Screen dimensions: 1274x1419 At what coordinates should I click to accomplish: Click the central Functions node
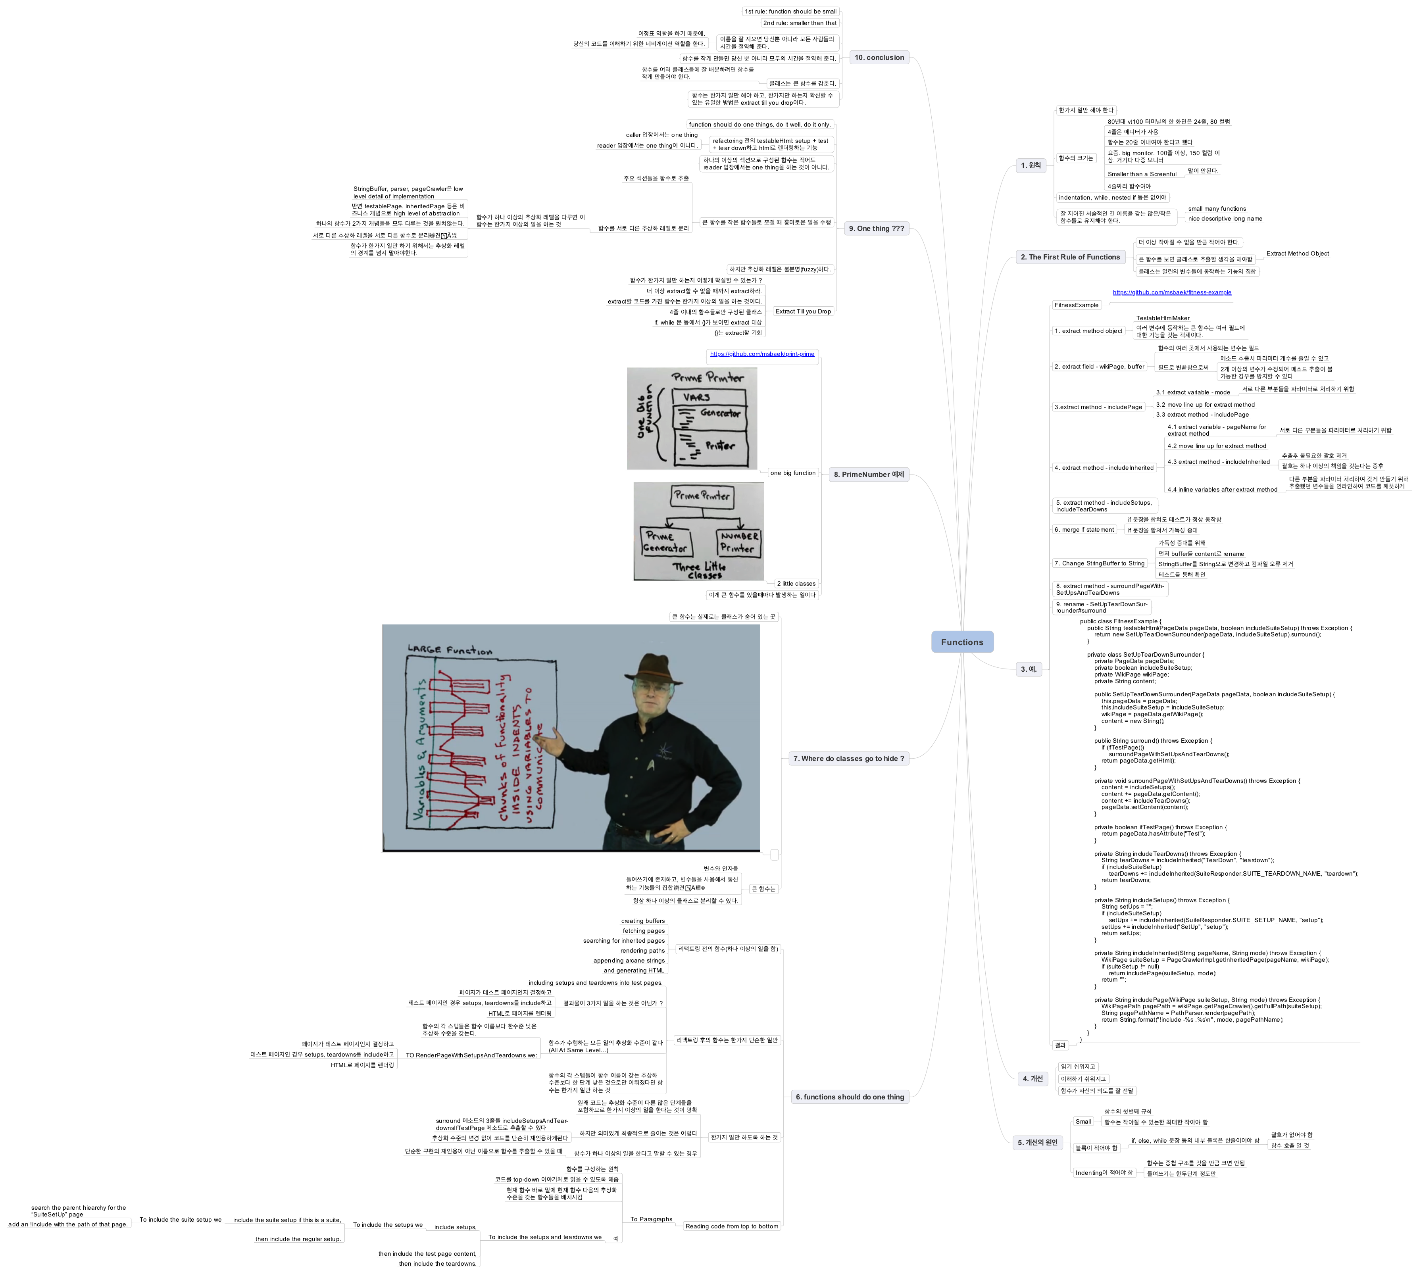pyautogui.click(x=962, y=642)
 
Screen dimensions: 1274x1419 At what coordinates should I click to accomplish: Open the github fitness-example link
pyautogui.click(x=1172, y=292)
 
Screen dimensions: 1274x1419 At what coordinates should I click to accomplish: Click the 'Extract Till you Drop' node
pyautogui.click(x=803, y=311)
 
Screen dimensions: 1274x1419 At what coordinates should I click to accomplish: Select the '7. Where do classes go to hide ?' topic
pyautogui.click(x=848, y=758)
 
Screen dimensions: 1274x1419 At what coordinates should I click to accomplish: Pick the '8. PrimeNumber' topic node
pyautogui.click(x=868, y=474)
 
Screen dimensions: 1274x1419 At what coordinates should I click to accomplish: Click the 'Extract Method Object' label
pyautogui.click(x=1297, y=254)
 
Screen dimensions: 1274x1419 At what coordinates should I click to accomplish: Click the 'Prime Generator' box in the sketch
pyautogui.click(x=665, y=542)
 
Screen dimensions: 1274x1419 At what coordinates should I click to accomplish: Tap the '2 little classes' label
pyautogui.click(x=796, y=584)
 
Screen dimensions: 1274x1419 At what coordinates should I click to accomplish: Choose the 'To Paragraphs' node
pyautogui.click(x=651, y=1219)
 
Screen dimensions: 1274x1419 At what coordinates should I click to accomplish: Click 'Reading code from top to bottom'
pyautogui.click(x=732, y=1226)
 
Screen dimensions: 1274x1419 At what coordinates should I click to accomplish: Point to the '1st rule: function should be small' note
pyautogui.click(x=790, y=11)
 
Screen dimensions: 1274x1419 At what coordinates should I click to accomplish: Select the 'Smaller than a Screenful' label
pyautogui.click(x=1142, y=174)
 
